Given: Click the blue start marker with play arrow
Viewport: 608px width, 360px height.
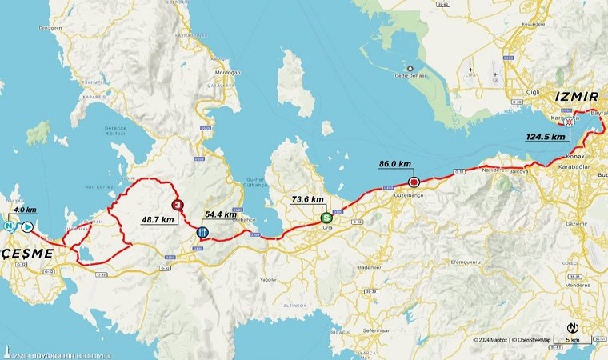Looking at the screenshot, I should point(27,226).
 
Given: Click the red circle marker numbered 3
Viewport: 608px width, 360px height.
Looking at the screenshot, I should point(177,204).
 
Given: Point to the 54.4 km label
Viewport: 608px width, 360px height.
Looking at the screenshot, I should point(221,214).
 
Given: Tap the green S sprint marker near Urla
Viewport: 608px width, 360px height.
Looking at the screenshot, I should point(326,218).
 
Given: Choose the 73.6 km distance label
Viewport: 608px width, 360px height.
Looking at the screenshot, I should point(307,200).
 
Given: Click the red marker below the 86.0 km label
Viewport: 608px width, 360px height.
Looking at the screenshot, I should point(414,182).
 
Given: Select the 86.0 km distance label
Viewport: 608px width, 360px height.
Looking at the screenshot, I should point(394,164).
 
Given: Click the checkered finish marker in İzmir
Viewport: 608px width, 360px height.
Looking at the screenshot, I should point(569,122).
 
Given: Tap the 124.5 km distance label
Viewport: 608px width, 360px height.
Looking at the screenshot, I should point(546,137).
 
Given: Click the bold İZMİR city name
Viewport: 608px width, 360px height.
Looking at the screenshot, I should point(577,97).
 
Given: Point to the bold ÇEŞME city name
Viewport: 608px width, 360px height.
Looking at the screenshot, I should point(27,253).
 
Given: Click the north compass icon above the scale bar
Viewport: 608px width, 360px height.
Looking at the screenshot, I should point(573,327).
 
